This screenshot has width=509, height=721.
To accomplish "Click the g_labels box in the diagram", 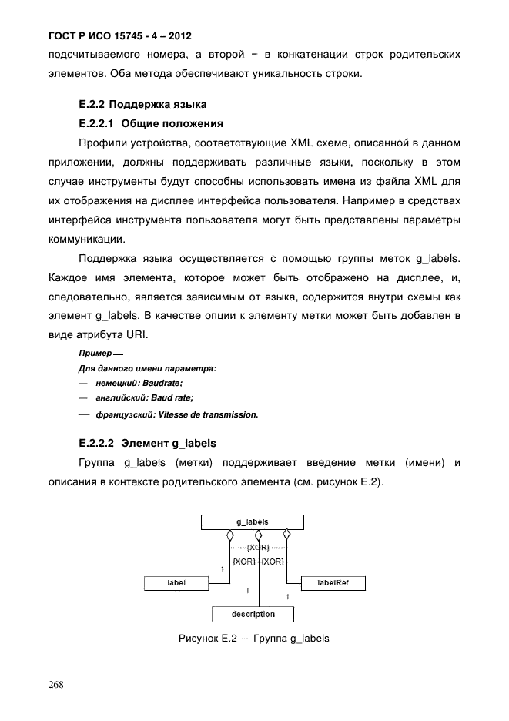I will point(253,522).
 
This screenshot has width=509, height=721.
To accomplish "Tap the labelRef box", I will point(333,584).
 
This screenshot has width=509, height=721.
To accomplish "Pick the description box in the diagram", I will point(253,614).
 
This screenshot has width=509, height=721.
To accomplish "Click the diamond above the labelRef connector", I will point(286,534).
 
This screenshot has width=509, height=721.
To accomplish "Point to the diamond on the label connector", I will point(229,534).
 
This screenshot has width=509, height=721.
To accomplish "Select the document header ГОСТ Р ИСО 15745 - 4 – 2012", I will point(119,36).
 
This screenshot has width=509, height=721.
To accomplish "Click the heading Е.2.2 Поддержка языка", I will point(143,103).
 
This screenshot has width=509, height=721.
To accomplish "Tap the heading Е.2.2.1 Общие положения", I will point(151,122).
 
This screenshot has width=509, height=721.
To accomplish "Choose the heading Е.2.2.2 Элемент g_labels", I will point(148,443).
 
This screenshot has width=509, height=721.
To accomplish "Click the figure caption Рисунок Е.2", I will point(253,639).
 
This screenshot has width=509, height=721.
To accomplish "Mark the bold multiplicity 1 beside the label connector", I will point(223,571).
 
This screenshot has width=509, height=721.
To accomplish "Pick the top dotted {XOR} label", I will point(258,548).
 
